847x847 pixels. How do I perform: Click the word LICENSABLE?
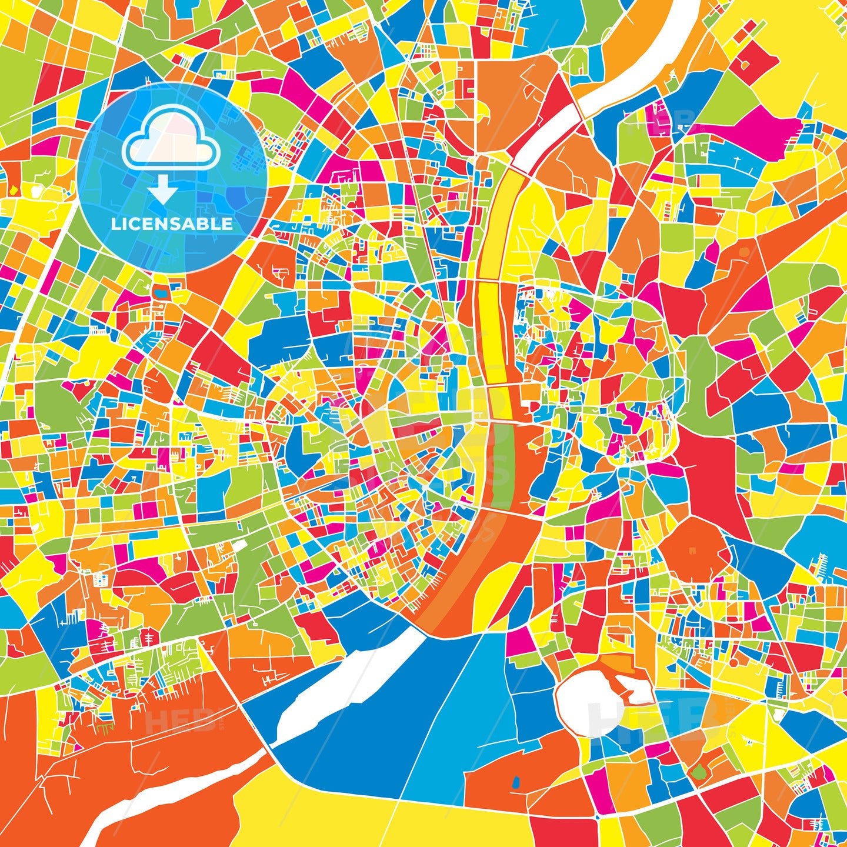tap(172, 224)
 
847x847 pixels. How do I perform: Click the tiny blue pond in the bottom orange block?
tap(516, 782)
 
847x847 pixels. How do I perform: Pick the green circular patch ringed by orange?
tap(698, 772)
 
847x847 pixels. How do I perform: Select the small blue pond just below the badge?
tap(160, 289)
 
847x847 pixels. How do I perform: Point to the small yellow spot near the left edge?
tap(13, 190)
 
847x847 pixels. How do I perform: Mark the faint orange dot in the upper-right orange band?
tap(745, 252)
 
